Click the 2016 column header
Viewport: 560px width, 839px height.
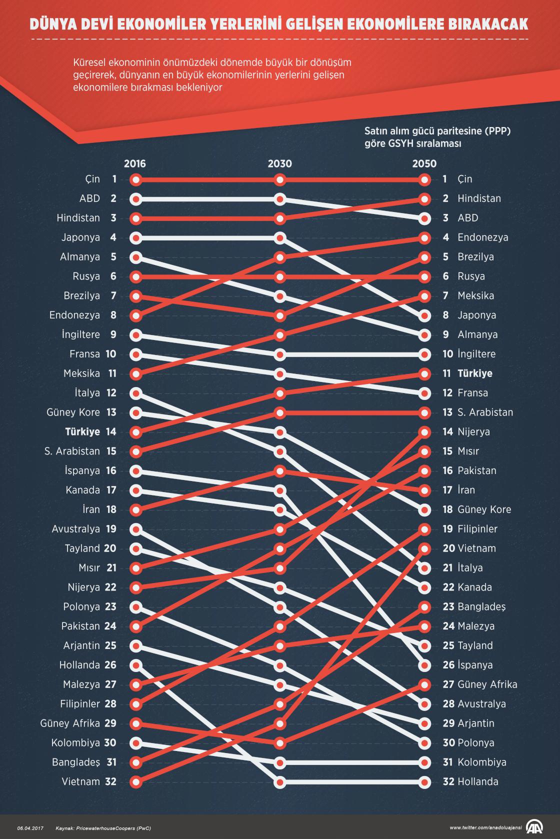click(x=135, y=164)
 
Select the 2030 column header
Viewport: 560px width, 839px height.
click(x=280, y=164)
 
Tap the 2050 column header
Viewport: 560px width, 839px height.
click(x=424, y=164)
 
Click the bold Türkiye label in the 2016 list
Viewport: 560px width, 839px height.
click(x=82, y=431)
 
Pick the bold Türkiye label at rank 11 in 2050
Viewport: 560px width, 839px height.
click(x=475, y=373)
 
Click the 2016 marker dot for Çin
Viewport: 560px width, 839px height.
click(x=135, y=179)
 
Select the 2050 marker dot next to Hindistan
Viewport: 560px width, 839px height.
click(x=424, y=199)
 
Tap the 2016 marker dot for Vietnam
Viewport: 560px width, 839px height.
click(x=135, y=781)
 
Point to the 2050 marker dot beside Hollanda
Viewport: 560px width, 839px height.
click(x=424, y=781)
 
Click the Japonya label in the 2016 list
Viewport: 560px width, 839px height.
click(x=80, y=237)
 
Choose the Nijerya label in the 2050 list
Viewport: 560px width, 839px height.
click(x=473, y=431)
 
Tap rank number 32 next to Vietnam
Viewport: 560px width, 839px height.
click(x=110, y=781)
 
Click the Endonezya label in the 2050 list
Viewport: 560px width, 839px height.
click(x=482, y=237)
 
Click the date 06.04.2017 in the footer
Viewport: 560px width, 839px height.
click(x=30, y=828)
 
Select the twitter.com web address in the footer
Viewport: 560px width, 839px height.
click(x=485, y=828)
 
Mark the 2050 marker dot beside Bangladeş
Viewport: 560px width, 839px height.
click(x=424, y=607)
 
